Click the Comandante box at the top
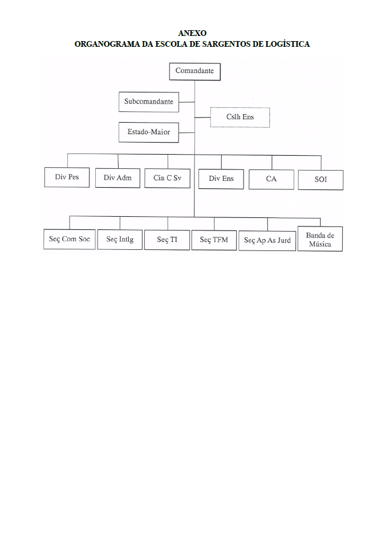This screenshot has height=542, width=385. point(195,71)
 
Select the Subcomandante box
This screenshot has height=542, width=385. point(149,102)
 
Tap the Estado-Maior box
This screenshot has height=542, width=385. point(149,132)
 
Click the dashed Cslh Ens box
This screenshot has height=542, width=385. point(240,118)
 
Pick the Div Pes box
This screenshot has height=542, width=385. point(67,177)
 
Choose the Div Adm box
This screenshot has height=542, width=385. point(118,178)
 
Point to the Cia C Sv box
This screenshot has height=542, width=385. point(167,179)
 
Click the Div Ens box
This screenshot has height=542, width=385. point(221,179)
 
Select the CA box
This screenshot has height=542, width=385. point(271,179)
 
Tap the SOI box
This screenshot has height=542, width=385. point(321,180)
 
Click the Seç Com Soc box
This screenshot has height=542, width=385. point(70,239)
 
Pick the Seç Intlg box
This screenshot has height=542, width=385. point(120,240)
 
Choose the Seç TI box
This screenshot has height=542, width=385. point(167,240)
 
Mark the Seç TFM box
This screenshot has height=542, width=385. point(214,240)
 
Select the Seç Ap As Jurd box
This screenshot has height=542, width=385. point(267,241)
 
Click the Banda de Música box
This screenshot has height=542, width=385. point(320,239)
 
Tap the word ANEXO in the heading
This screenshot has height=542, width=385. point(193,33)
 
